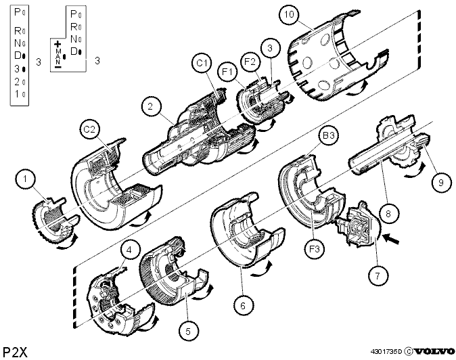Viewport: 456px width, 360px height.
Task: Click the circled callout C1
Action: point(202,63)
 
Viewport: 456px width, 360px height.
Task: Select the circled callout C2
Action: point(89,129)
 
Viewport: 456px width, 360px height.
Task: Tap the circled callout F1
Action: point(228,71)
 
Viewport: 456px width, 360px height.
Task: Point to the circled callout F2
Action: point(250,62)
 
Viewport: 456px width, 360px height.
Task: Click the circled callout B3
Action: point(329,135)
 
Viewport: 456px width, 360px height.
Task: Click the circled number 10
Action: point(289,14)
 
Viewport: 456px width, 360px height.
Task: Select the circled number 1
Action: point(25,179)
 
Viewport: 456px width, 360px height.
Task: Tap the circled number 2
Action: point(150,106)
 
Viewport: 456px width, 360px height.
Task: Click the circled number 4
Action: point(129,250)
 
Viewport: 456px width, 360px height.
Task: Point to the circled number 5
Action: point(188,331)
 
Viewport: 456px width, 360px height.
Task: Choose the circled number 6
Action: point(243,305)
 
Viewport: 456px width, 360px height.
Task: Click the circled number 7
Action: point(378,275)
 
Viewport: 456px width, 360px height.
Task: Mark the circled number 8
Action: point(388,214)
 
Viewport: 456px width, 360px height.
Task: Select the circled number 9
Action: point(441,182)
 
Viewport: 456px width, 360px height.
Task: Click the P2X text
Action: point(15,352)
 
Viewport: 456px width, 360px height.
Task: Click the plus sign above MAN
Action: point(58,44)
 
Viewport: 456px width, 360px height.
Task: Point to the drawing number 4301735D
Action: point(386,352)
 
